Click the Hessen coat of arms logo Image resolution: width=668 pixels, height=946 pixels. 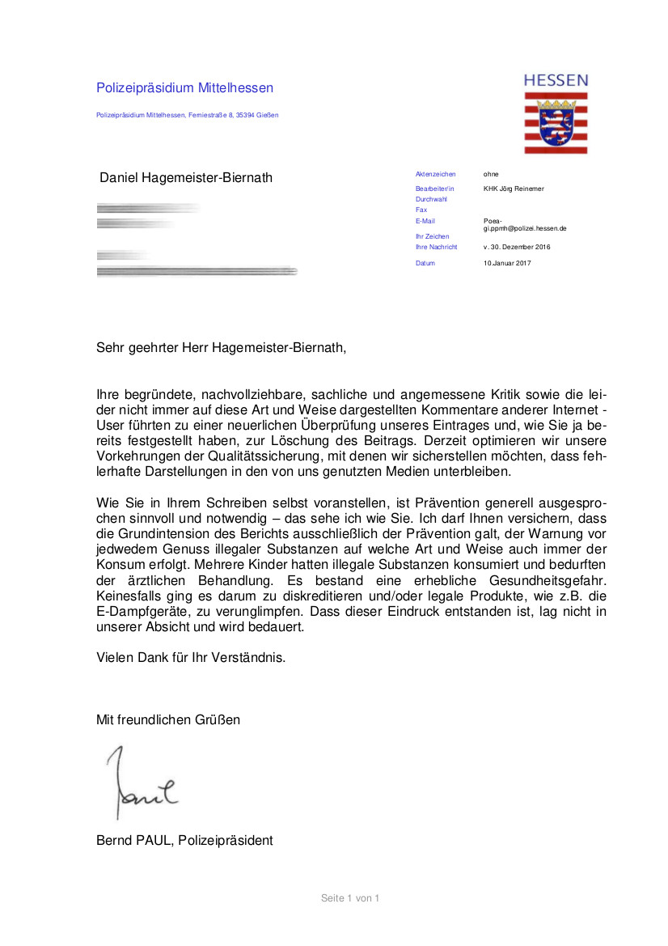(556, 122)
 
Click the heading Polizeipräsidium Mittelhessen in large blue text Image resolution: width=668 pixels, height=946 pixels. (184, 88)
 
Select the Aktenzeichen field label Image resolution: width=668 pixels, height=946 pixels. (435, 174)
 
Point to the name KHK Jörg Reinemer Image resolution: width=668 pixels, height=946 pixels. (514, 189)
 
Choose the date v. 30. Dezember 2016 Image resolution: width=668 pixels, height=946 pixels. (517, 247)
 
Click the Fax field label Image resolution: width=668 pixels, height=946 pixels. (421, 210)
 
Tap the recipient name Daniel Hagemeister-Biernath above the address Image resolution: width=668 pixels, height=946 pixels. (185, 177)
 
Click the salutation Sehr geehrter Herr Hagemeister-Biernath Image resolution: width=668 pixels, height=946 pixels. (221, 348)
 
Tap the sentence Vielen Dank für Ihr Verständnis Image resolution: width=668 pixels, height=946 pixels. (191, 657)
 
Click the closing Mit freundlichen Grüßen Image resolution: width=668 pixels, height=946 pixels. (168, 719)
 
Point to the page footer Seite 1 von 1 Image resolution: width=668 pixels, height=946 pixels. (349, 897)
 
